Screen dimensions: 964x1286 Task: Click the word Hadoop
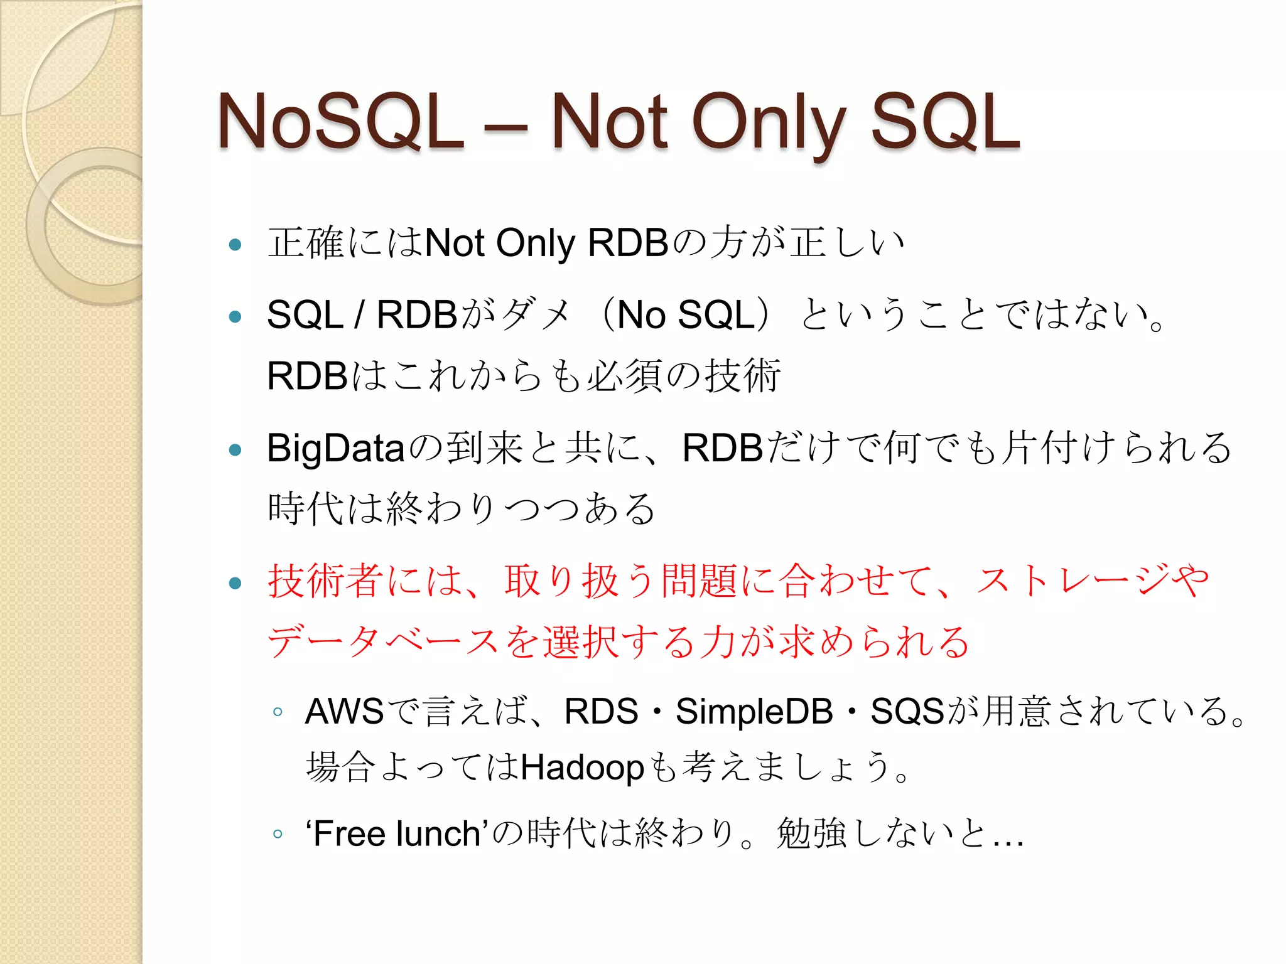[583, 768]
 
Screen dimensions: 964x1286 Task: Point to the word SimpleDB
[754, 712]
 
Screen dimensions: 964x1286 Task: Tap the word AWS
[344, 712]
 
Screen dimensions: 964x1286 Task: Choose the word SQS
[907, 712]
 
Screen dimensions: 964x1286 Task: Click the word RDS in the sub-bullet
[601, 712]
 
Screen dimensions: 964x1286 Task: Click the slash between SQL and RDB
[359, 315]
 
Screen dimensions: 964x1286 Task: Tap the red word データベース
[383, 642]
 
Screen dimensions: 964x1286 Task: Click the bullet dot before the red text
[235, 583]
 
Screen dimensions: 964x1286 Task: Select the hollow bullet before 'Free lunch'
[278, 834]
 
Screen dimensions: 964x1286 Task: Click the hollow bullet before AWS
[278, 712]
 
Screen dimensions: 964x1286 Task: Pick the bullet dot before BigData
[235, 449]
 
